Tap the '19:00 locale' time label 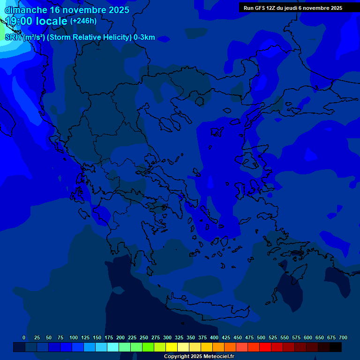pyautogui.click(x=36, y=21)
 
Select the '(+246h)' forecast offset pyautogui.click(x=83, y=21)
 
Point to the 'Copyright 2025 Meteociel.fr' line pyautogui.click(x=199, y=357)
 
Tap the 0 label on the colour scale pyautogui.click(x=24, y=337)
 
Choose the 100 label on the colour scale pyautogui.click(x=74, y=337)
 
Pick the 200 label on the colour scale pyautogui.click(x=120, y=337)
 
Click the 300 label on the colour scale pyautogui.click(x=167, y=337)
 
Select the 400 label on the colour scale pyautogui.click(x=214, y=337)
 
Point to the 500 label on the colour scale pyautogui.click(x=261, y=337)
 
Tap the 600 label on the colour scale pyautogui.click(x=308, y=337)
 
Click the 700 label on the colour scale pyautogui.click(x=343, y=337)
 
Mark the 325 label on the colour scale pyautogui.click(x=179, y=337)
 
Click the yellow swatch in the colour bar pyautogui.click(x=171, y=347)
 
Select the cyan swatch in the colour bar pyautogui.click(x=112, y=347)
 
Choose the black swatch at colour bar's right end pyautogui.click(x=335, y=347)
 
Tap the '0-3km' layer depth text pyautogui.click(x=144, y=37)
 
